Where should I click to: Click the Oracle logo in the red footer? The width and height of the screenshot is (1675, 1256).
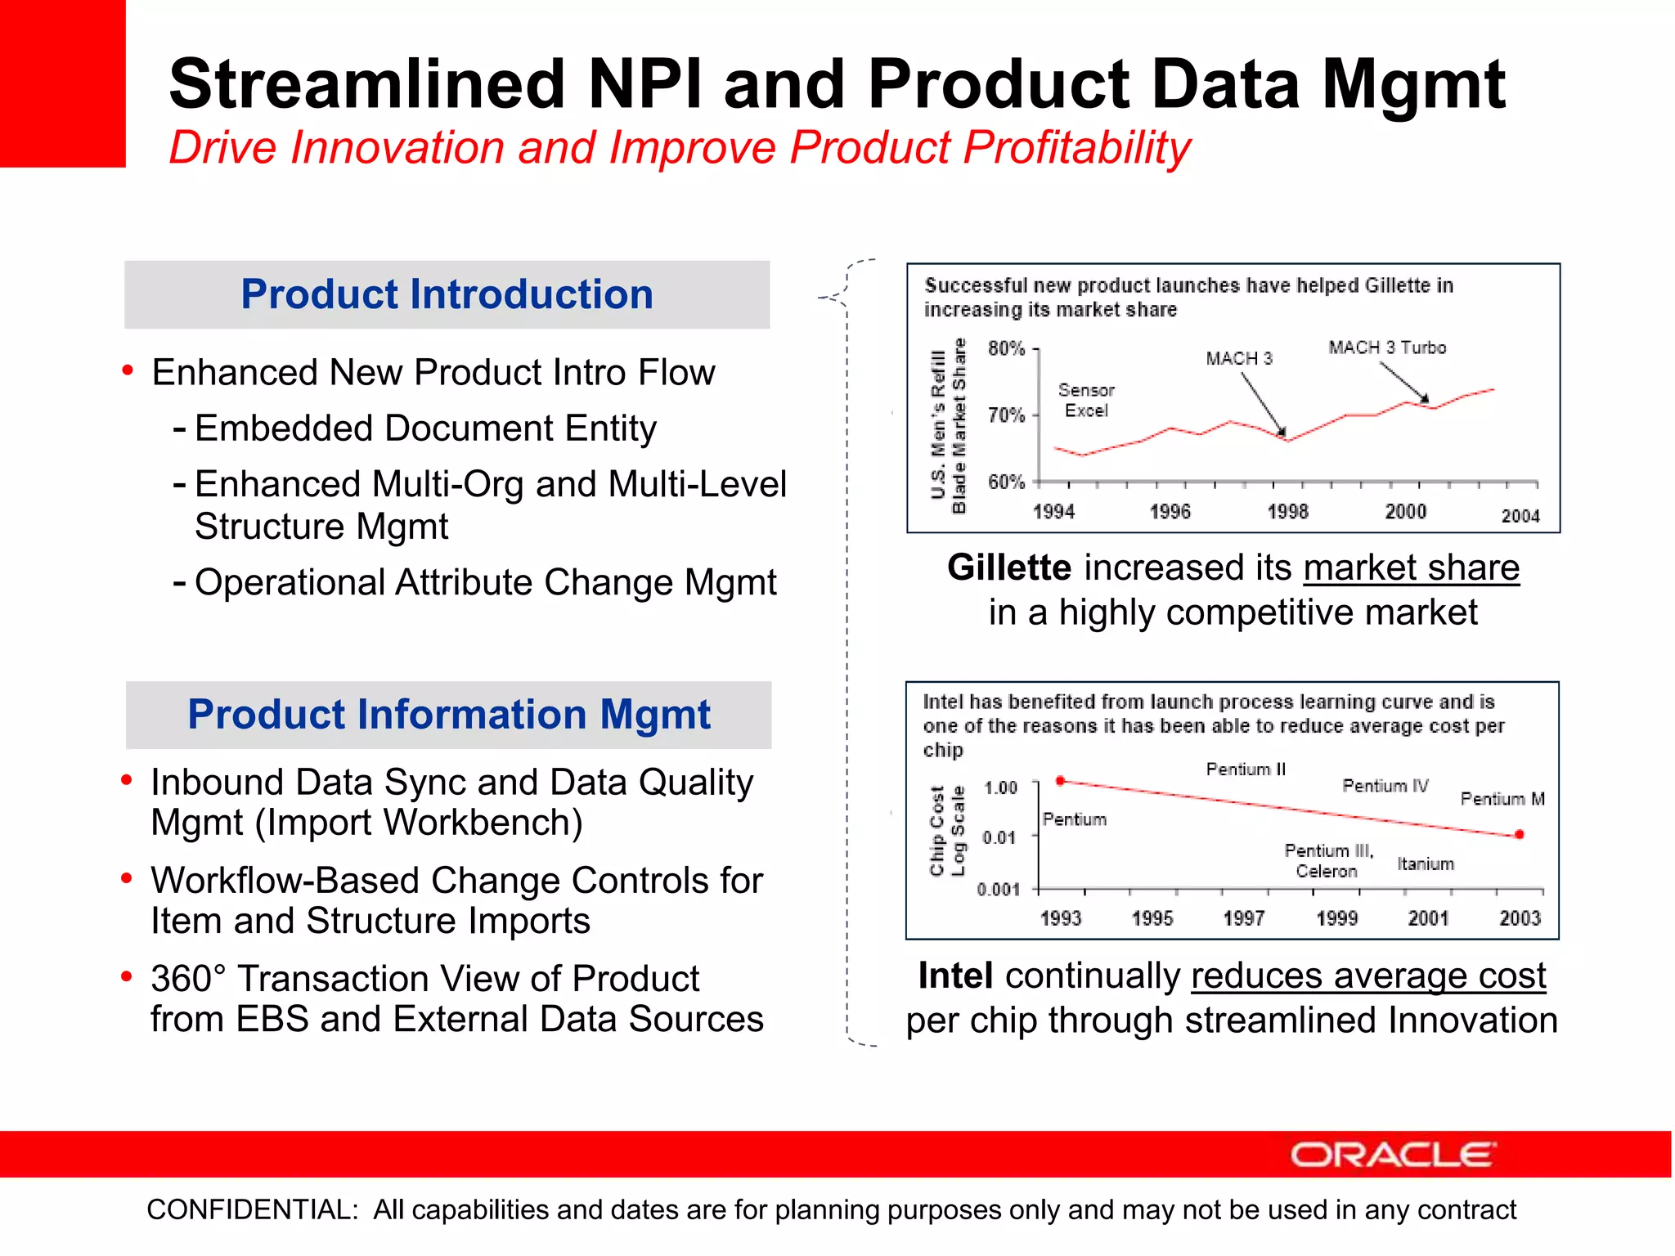point(1393,1155)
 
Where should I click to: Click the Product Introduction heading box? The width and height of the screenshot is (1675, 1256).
point(447,294)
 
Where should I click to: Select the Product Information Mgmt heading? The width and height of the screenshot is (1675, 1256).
point(448,715)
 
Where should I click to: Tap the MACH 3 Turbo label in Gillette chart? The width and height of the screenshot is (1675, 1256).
point(1387,348)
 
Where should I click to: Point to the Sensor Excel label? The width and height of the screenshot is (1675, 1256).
point(1086,401)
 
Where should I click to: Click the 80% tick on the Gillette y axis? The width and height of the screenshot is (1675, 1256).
point(1007,349)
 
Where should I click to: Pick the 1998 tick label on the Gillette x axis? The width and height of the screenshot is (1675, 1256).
point(1287,512)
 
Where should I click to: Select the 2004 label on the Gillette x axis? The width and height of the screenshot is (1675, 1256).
point(1520,516)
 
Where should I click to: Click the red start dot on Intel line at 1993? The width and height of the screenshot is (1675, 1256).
point(1060,781)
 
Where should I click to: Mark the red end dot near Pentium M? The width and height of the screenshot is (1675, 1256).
point(1519,835)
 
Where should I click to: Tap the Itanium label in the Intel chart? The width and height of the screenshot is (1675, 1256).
point(1425,864)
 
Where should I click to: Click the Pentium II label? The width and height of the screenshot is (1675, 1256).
point(1246,769)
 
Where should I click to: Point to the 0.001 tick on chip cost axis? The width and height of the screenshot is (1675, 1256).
point(999,890)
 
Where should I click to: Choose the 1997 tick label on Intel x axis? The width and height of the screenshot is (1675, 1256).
point(1243,918)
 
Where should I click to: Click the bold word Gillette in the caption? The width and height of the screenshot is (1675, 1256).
point(1008,567)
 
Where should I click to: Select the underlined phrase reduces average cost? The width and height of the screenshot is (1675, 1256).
point(1367,976)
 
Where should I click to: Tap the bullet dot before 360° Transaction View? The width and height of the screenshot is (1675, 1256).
point(127,976)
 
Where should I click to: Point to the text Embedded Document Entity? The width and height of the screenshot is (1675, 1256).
point(425,428)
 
